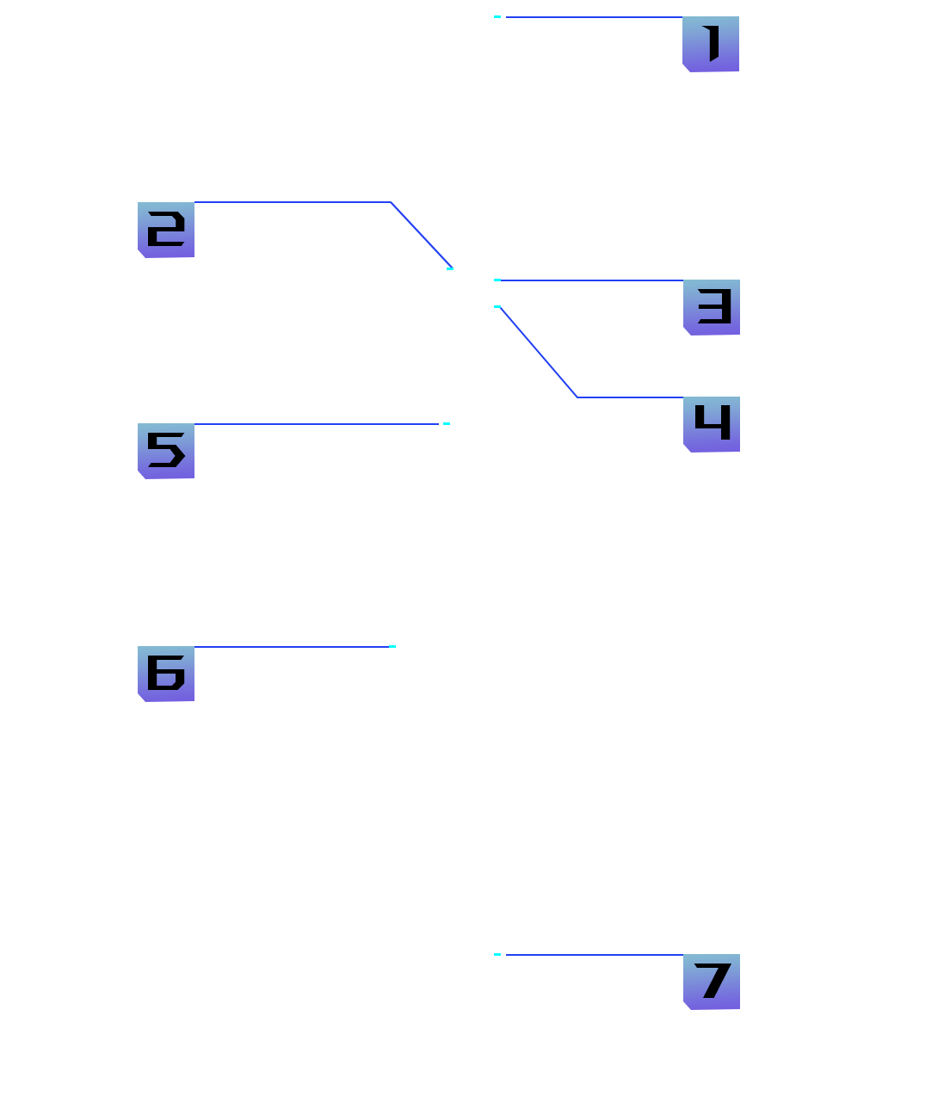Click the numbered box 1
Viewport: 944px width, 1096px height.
point(711,44)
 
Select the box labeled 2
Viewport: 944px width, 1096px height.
point(166,230)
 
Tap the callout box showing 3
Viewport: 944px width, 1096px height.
point(712,307)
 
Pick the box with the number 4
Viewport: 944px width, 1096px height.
point(712,424)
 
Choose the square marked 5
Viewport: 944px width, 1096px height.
point(166,451)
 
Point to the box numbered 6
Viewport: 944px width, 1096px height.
point(166,674)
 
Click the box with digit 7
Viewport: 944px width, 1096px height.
point(712,982)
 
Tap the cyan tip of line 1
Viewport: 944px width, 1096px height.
point(497,16)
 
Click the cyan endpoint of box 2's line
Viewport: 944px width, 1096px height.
point(450,268)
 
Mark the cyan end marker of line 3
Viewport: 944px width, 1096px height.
point(497,280)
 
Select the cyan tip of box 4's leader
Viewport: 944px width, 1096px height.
point(497,306)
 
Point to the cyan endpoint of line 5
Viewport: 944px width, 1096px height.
point(447,423)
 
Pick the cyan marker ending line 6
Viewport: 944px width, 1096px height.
point(392,646)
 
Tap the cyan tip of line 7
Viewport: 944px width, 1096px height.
point(497,954)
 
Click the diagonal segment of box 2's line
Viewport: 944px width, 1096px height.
point(421,234)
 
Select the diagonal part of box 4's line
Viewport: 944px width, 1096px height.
point(539,352)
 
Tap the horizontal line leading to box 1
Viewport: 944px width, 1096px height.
point(594,17)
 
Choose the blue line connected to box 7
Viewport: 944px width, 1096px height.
point(594,955)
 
